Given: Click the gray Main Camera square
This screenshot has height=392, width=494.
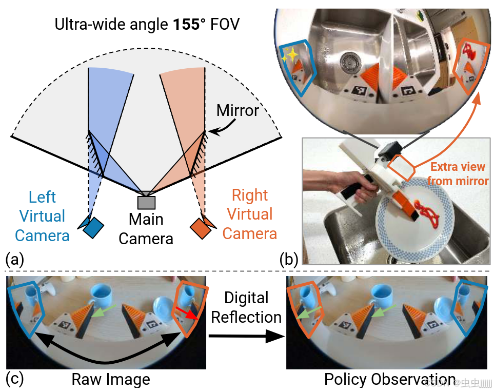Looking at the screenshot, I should [146, 202].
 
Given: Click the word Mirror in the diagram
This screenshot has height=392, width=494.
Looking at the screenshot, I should [237, 110].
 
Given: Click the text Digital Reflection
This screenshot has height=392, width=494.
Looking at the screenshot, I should [246, 307].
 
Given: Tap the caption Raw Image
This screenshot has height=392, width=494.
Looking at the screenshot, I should [110, 380].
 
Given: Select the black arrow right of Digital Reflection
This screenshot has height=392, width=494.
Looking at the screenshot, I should [246, 337].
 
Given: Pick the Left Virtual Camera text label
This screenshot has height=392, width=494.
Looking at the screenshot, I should [42, 216].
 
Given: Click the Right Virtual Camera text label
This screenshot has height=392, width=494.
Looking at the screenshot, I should [250, 214].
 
